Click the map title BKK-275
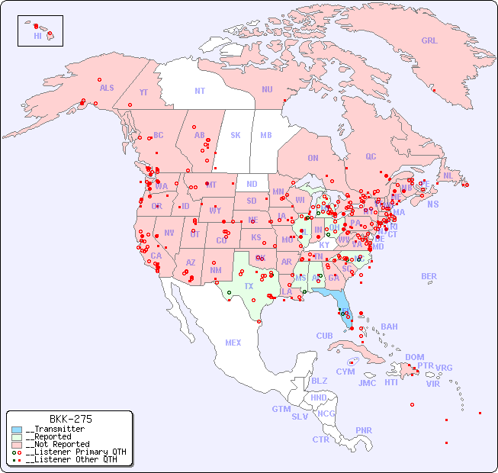point(70,419)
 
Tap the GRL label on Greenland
point(429,40)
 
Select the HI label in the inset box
point(37,36)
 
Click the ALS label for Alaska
point(107,88)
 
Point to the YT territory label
point(143,92)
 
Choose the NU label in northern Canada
point(267,89)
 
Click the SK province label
point(236,135)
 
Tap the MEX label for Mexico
point(233,343)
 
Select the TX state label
point(249,286)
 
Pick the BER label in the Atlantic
point(429,276)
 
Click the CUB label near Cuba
point(324,336)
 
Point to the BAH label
point(389,327)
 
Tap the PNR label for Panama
point(364,430)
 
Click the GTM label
point(281,409)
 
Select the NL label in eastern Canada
point(448,175)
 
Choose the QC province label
point(371,156)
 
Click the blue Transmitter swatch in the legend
point(17,430)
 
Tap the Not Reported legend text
point(57,444)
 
